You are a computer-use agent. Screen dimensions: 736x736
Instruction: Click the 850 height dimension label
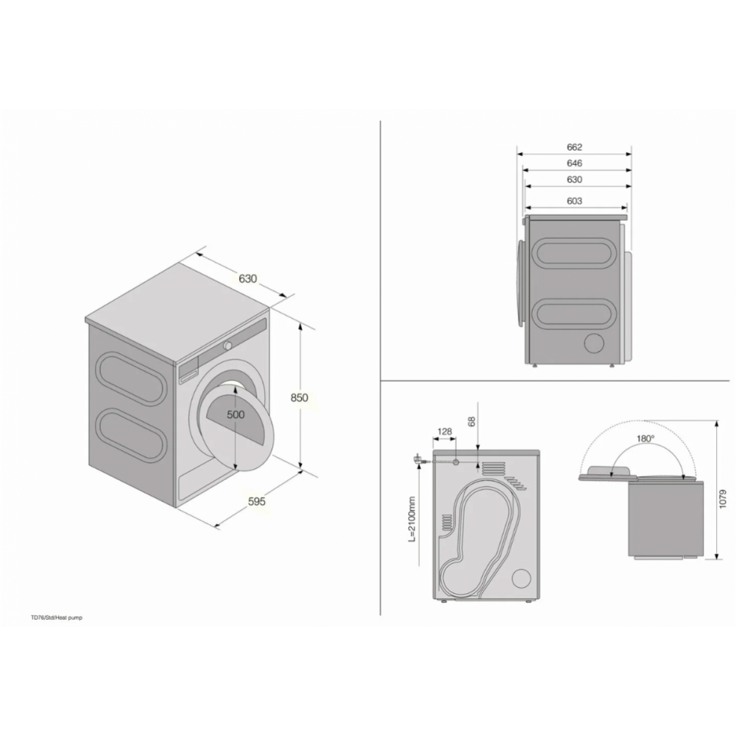click(x=300, y=397)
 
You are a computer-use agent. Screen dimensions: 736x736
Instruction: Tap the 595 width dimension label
click(x=257, y=501)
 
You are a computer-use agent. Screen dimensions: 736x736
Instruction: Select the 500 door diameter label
click(x=236, y=414)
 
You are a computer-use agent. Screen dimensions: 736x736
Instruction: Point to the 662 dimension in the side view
click(x=575, y=147)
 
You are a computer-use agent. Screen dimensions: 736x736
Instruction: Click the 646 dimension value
click(x=575, y=163)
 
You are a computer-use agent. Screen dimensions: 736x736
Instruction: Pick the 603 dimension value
click(x=575, y=201)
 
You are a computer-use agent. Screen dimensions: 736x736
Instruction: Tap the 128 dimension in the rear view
click(x=445, y=431)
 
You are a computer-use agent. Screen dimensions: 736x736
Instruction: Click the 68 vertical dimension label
click(x=472, y=421)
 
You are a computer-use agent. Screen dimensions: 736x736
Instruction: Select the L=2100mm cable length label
click(x=411, y=519)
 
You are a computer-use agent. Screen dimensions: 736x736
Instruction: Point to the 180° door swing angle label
click(x=645, y=439)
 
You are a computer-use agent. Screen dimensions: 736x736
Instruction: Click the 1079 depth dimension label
click(x=723, y=500)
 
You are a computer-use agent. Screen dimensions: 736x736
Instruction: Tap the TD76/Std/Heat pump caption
click(x=57, y=618)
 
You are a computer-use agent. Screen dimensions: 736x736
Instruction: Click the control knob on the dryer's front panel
click(x=227, y=345)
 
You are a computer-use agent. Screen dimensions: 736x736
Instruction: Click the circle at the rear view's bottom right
click(x=521, y=578)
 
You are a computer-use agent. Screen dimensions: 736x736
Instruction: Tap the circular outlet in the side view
click(x=594, y=343)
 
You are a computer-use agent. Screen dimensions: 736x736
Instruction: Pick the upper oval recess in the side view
click(x=573, y=253)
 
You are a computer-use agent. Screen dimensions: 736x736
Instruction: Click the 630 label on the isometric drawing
click(x=248, y=278)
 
